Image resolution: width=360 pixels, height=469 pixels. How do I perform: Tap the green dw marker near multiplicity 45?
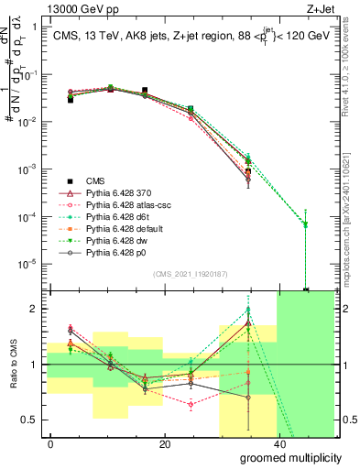[x=306, y=224]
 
